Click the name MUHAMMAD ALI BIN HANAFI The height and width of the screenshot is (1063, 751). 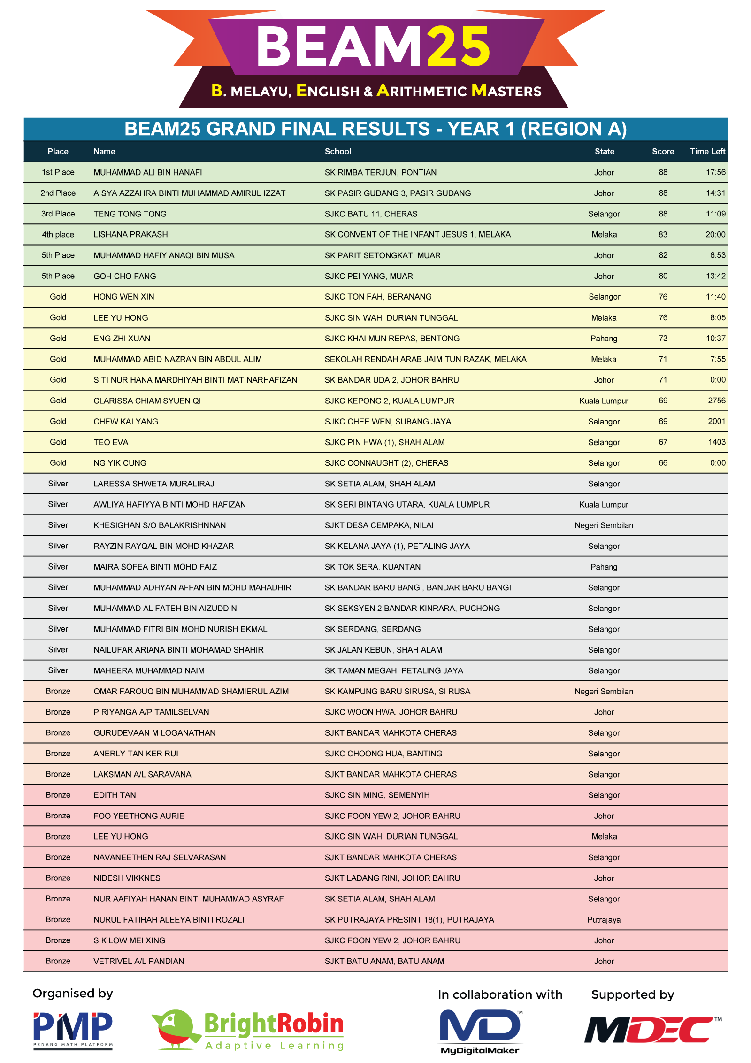(x=147, y=172)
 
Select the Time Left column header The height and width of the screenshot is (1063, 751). (x=707, y=151)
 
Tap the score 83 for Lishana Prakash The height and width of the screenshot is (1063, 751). (x=662, y=234)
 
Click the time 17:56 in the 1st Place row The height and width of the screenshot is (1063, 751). (x=715, y=172)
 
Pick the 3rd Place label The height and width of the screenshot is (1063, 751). (x=58, y=214)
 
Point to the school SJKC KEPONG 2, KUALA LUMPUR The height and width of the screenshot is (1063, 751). (x=389, y=401)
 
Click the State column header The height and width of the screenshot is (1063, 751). (x=604, y=151)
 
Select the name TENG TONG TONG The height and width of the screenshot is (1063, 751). (x=130, y=214)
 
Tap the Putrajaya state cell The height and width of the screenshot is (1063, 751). (x=604, y=919)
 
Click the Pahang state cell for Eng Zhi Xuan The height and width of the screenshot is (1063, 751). (x=604, y=338)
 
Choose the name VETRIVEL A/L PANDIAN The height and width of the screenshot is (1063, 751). (x=138, y=961)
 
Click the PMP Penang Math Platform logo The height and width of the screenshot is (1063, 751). (x=73, y=1030)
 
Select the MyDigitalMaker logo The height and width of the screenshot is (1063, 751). (x=480, y=1031)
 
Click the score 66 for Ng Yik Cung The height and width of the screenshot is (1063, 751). (x=662, y=462)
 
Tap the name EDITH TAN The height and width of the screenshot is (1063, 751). (x=115, y=795)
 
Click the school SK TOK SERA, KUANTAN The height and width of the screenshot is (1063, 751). (x=372, y=567)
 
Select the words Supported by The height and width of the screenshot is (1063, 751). (x=632, y=994)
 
